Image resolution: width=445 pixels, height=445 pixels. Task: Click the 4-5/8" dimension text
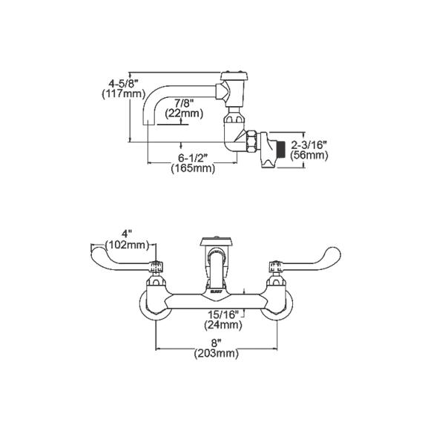coord(112,83)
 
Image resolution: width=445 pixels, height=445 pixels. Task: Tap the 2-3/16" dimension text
coord(311,145)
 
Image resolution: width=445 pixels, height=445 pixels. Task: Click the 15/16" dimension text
coord(222,314)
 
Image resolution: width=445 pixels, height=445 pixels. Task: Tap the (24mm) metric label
coord(222,325)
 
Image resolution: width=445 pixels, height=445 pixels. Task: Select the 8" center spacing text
coord(216,343)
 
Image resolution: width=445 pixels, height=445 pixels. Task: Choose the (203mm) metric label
coord(216,354)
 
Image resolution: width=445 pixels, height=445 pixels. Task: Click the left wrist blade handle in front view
coord(119,256)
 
